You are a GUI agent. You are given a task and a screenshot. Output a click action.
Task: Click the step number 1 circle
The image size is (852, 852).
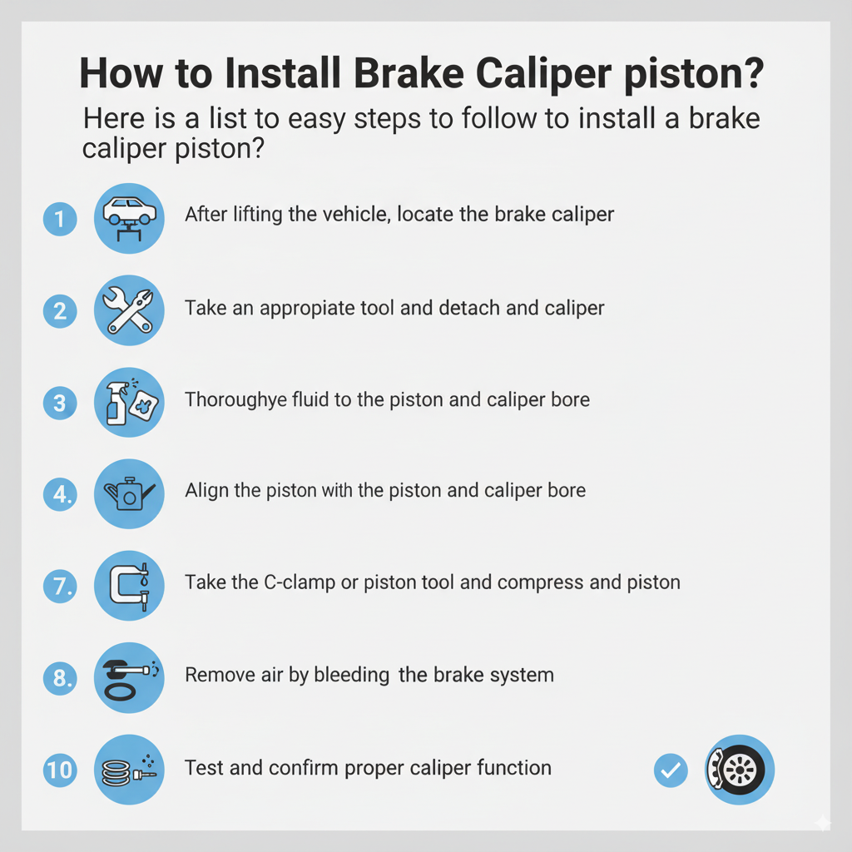pos(60,220)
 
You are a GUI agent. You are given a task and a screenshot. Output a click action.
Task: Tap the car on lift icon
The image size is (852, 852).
pos(129,218)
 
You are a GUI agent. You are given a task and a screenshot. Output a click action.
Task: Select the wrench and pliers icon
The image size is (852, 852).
pos(129,310)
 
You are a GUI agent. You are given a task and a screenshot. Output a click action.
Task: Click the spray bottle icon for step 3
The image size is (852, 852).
pos(129,402)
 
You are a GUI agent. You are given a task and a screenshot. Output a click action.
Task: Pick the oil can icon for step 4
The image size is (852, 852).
pos(129,494)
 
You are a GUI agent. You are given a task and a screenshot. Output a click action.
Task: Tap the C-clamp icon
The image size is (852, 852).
pos(129,586)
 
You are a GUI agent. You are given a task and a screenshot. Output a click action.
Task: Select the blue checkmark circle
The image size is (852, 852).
pos(671,770)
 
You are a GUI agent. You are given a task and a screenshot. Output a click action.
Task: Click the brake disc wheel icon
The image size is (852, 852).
pos(740,770)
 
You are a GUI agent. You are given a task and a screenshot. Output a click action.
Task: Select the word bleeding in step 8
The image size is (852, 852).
pos(351,675)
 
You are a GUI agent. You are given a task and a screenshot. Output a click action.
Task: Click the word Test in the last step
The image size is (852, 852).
pos(202,767)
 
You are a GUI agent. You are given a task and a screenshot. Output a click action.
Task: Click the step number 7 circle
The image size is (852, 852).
pos(60,587)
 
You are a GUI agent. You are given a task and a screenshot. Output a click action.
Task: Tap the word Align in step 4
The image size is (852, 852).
pos(205,491)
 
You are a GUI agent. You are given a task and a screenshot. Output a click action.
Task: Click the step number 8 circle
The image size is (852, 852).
pos(60,678)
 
